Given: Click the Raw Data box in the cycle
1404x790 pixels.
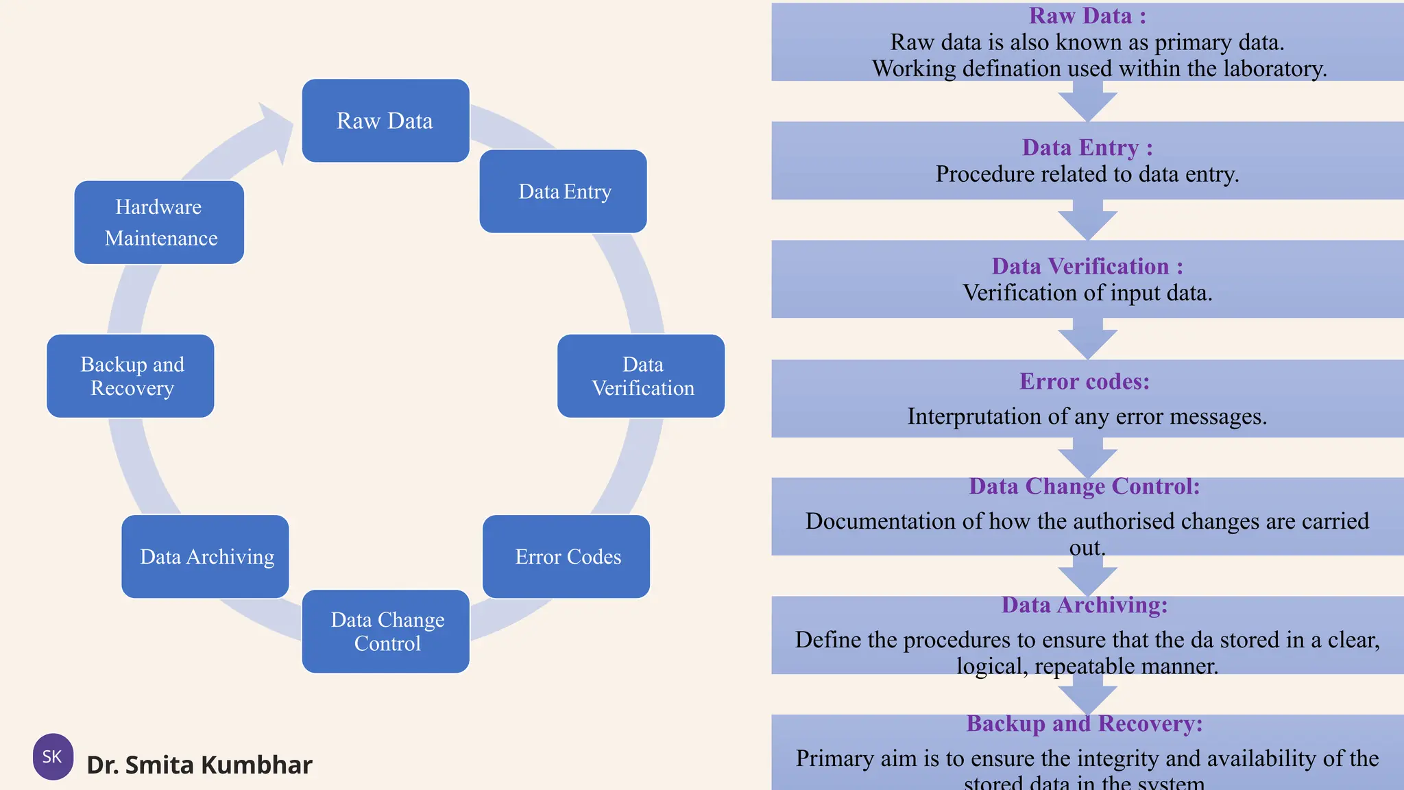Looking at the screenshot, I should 385,121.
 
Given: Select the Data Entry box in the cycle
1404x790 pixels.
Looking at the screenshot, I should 564,191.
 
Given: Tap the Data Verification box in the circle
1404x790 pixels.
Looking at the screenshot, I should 641,376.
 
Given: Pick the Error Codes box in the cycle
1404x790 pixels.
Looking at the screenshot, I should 566,556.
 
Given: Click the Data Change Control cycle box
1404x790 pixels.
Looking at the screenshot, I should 386,631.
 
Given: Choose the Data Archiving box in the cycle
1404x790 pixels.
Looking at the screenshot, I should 206,556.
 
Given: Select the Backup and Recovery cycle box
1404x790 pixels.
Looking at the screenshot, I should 131,376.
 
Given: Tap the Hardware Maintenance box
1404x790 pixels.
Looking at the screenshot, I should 159,222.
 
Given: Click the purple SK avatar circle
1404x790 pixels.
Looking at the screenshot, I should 53,756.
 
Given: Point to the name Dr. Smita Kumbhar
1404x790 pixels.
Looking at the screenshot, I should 199,765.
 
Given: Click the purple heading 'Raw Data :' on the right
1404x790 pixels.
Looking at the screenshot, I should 1087,16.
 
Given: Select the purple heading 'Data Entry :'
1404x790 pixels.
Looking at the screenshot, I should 1087,147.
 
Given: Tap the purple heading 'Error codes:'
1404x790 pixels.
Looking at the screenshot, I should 1084,381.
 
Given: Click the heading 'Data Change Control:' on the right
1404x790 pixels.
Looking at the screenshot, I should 1085,486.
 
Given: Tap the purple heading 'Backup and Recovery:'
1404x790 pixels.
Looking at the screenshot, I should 1085,723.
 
